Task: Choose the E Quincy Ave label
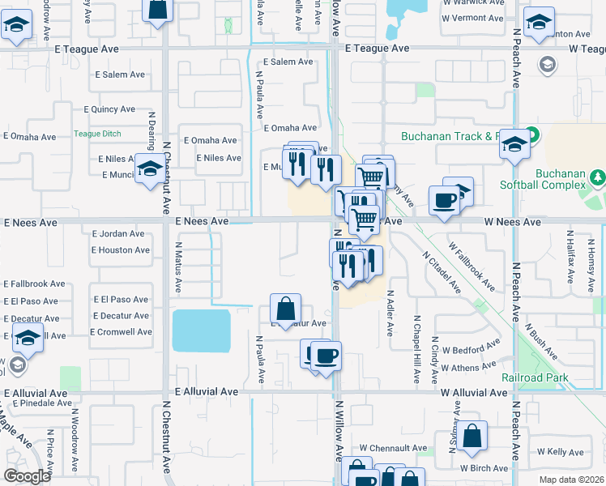[x=109, y=109]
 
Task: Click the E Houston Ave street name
[x=120, y=250]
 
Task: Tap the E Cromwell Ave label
[x=121, y=332]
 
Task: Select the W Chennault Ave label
[x=393, y=448]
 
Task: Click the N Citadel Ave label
[x=441, y=271]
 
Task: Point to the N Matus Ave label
[x=178, y=271]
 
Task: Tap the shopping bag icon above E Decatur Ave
[x=285, y=308]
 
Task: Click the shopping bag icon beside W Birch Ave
[x=472, y=435]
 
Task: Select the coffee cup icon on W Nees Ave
[x=444, y=200]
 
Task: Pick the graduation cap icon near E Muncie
[x=149, y=169]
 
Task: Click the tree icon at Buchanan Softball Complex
[x=597, y=176]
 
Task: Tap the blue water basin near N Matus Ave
[x=201, y=330]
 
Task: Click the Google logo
[x=27, y=476]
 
